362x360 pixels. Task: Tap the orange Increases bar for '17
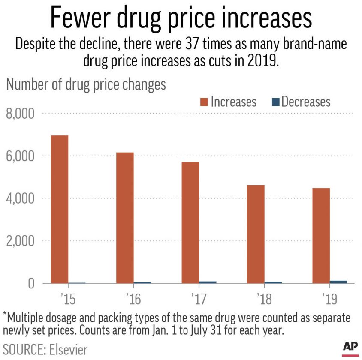pyautogui.click(x=190, y=222)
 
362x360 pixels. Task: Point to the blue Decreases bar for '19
pyautogui.click(x=338, y=282)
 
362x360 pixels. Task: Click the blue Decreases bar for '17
pyautogui.click(x=208, y=282)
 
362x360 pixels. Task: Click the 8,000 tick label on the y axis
pyautogui.click(x=20, y=114)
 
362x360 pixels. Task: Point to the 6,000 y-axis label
pyautogui.click(x=20, y=156)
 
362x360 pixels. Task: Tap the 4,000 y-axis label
pyautogui.click(x=20, y=199)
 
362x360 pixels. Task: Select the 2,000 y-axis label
pyautogui.click(x=20, y=241)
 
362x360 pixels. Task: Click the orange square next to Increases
pyautogui.click(x=203, y=102)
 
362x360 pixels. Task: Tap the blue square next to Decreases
pyautogui.click(x=275, y=102)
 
